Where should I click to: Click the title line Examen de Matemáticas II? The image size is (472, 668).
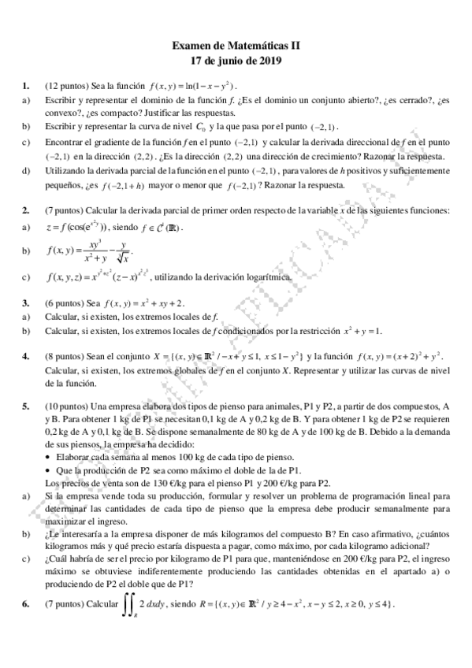(x=236, y=47)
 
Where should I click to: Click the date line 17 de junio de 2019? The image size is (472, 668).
(x=236, y=61)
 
